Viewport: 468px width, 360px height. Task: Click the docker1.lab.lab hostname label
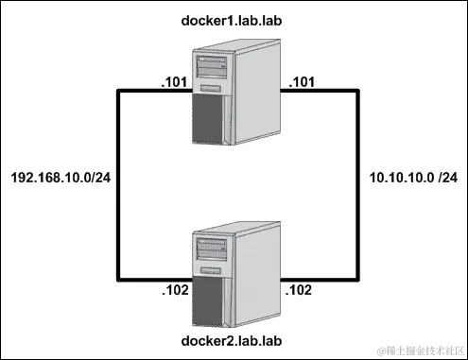(234, 20)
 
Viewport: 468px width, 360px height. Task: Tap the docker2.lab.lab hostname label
(234, 337)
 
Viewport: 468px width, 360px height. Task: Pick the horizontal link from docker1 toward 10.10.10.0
(321, 91)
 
